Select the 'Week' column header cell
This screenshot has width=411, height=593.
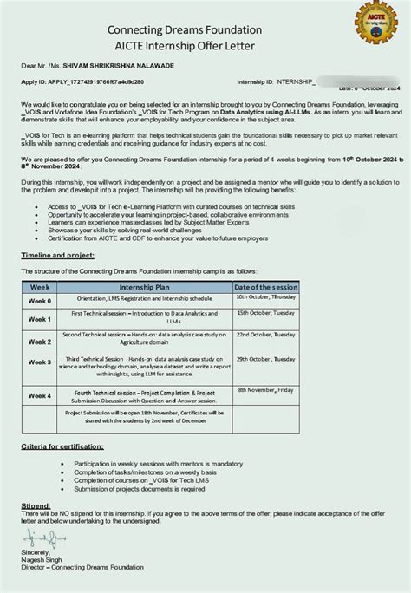[39, 286]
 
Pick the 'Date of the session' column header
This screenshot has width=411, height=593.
[266, 286]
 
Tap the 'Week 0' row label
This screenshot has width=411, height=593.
[39, 300]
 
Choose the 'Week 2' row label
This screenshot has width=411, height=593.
[39, 342]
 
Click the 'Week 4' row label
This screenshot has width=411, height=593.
[39, 395]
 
